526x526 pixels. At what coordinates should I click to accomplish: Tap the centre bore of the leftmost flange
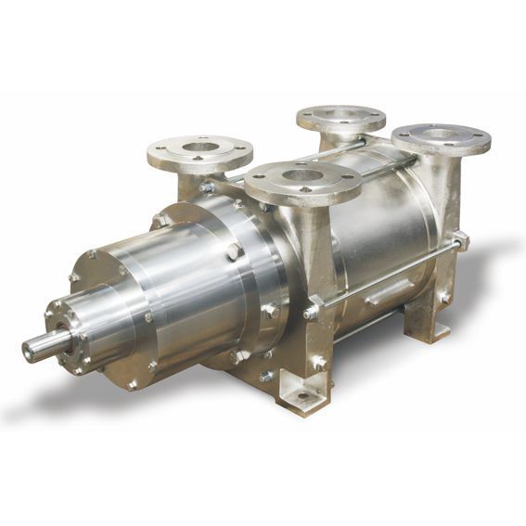coord(199,147)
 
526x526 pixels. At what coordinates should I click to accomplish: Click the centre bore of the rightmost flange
coord(442,135)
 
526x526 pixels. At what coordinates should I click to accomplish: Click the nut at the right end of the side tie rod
coord(459,243)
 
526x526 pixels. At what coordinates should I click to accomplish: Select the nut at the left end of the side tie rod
coord(314,308)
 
